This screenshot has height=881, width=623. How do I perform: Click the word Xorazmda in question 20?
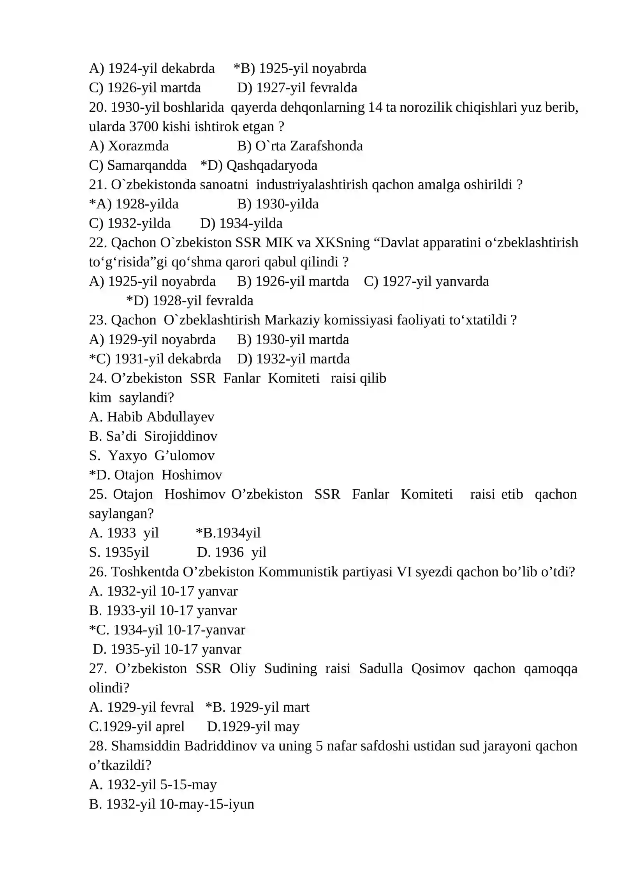tap(138, 146)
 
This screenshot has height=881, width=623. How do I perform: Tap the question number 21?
tap(98, 185)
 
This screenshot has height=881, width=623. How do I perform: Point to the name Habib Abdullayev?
tap(160, 417)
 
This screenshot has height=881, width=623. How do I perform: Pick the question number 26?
tap(98, 572)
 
